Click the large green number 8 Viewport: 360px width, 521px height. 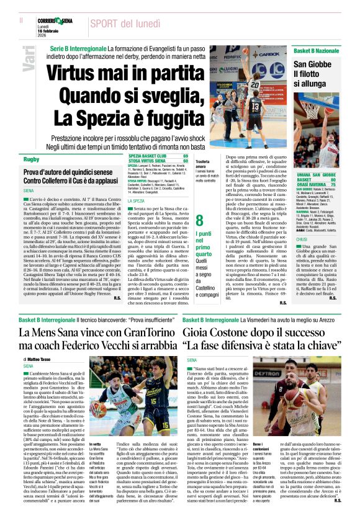[199, 219]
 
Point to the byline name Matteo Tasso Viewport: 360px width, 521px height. [43, 359]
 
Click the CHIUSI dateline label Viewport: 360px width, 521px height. [300, 238]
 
